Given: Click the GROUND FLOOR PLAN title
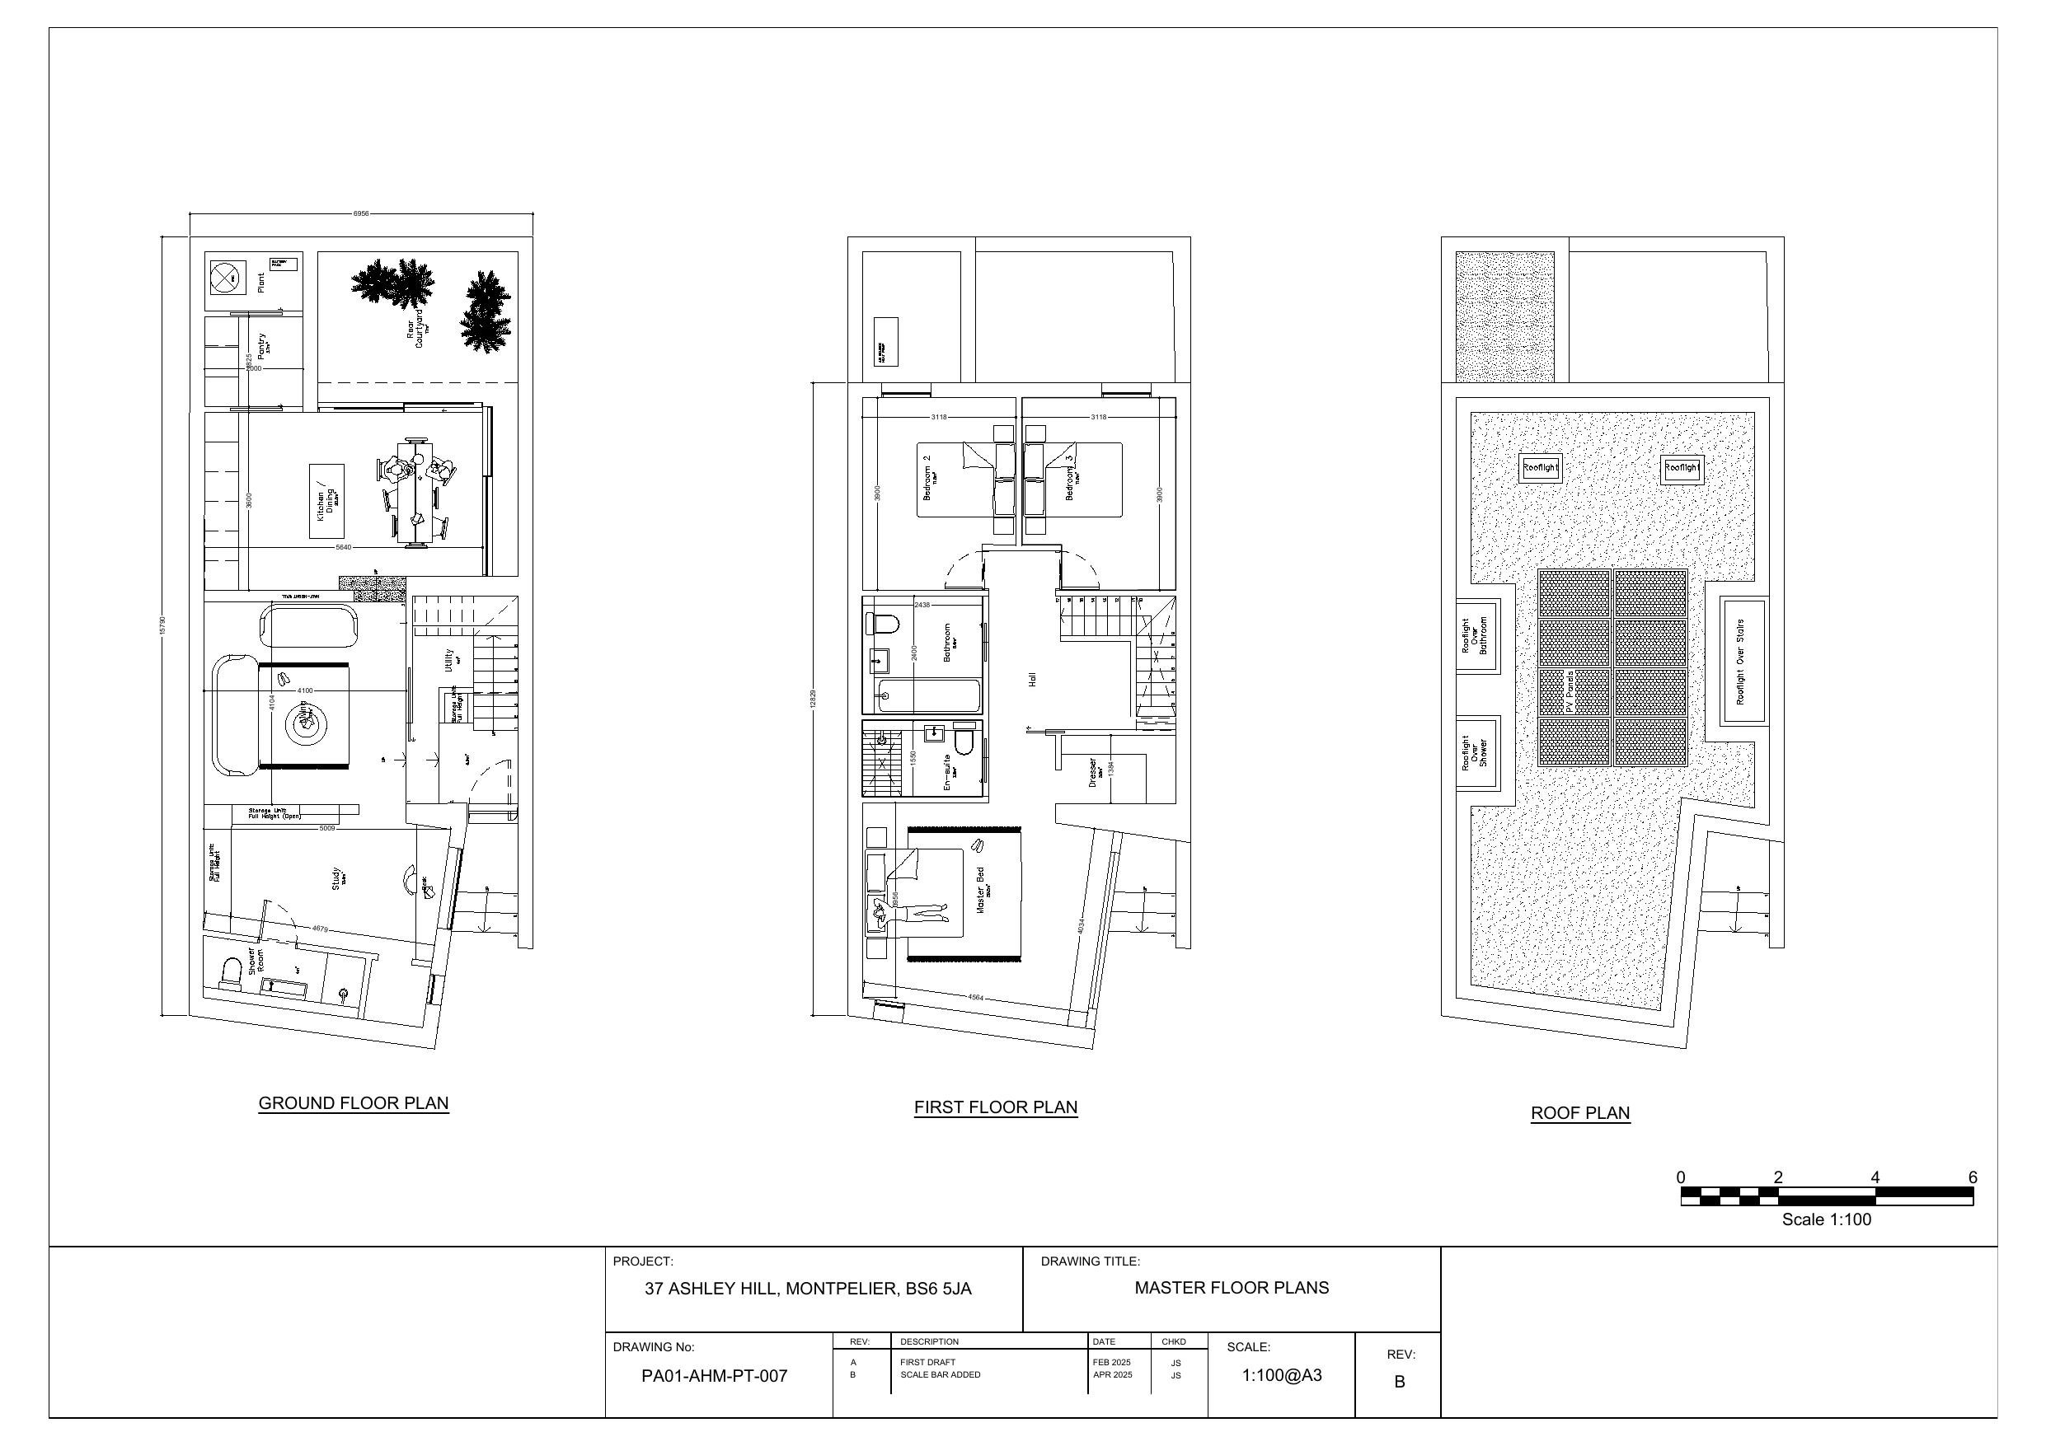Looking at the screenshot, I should pos(353,1103).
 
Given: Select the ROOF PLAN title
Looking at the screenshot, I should pos(1580,1113).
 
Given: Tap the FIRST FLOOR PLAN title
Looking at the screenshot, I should pos(995,1107).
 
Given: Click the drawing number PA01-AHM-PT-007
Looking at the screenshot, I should pos(714,1376).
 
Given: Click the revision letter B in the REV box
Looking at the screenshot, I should pos(1399,1382).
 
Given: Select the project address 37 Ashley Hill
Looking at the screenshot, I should pos(807,1289).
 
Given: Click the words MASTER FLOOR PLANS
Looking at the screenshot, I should pos(1231,1288).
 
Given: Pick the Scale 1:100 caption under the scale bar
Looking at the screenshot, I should pos(1826,1219).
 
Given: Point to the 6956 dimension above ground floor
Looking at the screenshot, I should pos(361,214).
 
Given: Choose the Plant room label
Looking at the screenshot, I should pos(261,283).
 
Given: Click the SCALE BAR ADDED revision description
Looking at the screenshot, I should pos(939,1374).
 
